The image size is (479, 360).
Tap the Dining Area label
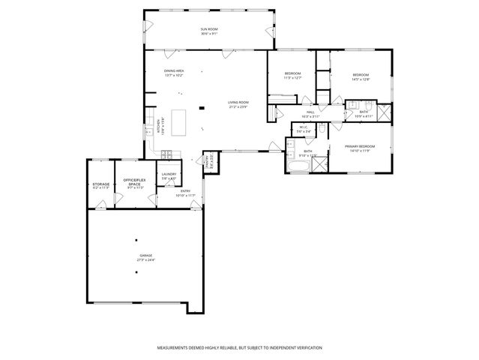click(174, 71)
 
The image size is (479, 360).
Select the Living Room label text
click(238, 103)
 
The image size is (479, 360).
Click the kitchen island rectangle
click(179, 122)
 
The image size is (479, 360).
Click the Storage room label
click(100, 184)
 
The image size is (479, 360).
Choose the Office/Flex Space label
click(133, 184)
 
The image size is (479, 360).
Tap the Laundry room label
click(169, 175)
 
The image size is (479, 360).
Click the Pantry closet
click(211, 160)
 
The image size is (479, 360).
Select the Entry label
click(186, 191)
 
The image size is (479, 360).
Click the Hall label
click(310, 112)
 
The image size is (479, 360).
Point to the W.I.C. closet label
click(304, 127)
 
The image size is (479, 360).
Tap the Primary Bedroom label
click(359, 145)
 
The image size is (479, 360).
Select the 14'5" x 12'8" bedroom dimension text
click(361, 79)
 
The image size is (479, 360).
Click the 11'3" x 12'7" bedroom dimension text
click(292, 78)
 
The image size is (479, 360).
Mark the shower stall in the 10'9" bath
click(382, 113)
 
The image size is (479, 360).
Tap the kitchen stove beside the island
click(166, 154)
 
